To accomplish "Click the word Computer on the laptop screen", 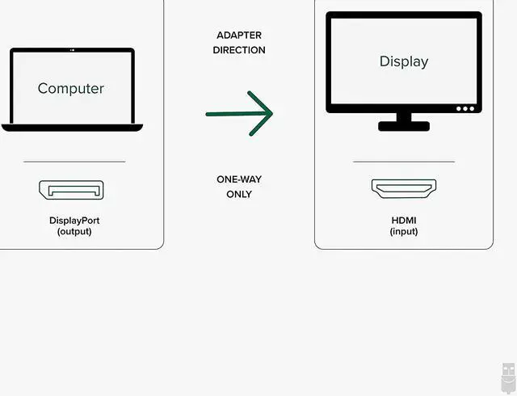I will tap(71, 88).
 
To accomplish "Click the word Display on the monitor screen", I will tap(404, 61).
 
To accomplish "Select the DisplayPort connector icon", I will tap(72, 191).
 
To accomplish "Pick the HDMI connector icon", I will tap(403, 188).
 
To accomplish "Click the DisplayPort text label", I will tap(74, 220).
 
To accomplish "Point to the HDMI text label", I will tap(404, 220).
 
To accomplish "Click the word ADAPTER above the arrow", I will tap(238, 36).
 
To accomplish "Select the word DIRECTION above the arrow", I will tap(239, 50).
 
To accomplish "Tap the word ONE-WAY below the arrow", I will tap(239, 179).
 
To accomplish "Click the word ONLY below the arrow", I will tap(239, 194).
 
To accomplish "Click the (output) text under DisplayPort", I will tap(74, 231).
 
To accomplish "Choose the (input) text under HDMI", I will tap(404, 231).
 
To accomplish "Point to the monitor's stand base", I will tap(404, 126).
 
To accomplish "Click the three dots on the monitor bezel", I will tap(465, 108).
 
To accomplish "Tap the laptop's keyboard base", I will tap(72, 127).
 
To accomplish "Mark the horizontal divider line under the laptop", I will tap(74, 162).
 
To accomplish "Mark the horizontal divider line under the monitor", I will tap(404, 162).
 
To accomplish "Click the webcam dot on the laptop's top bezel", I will tap(72, 52).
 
